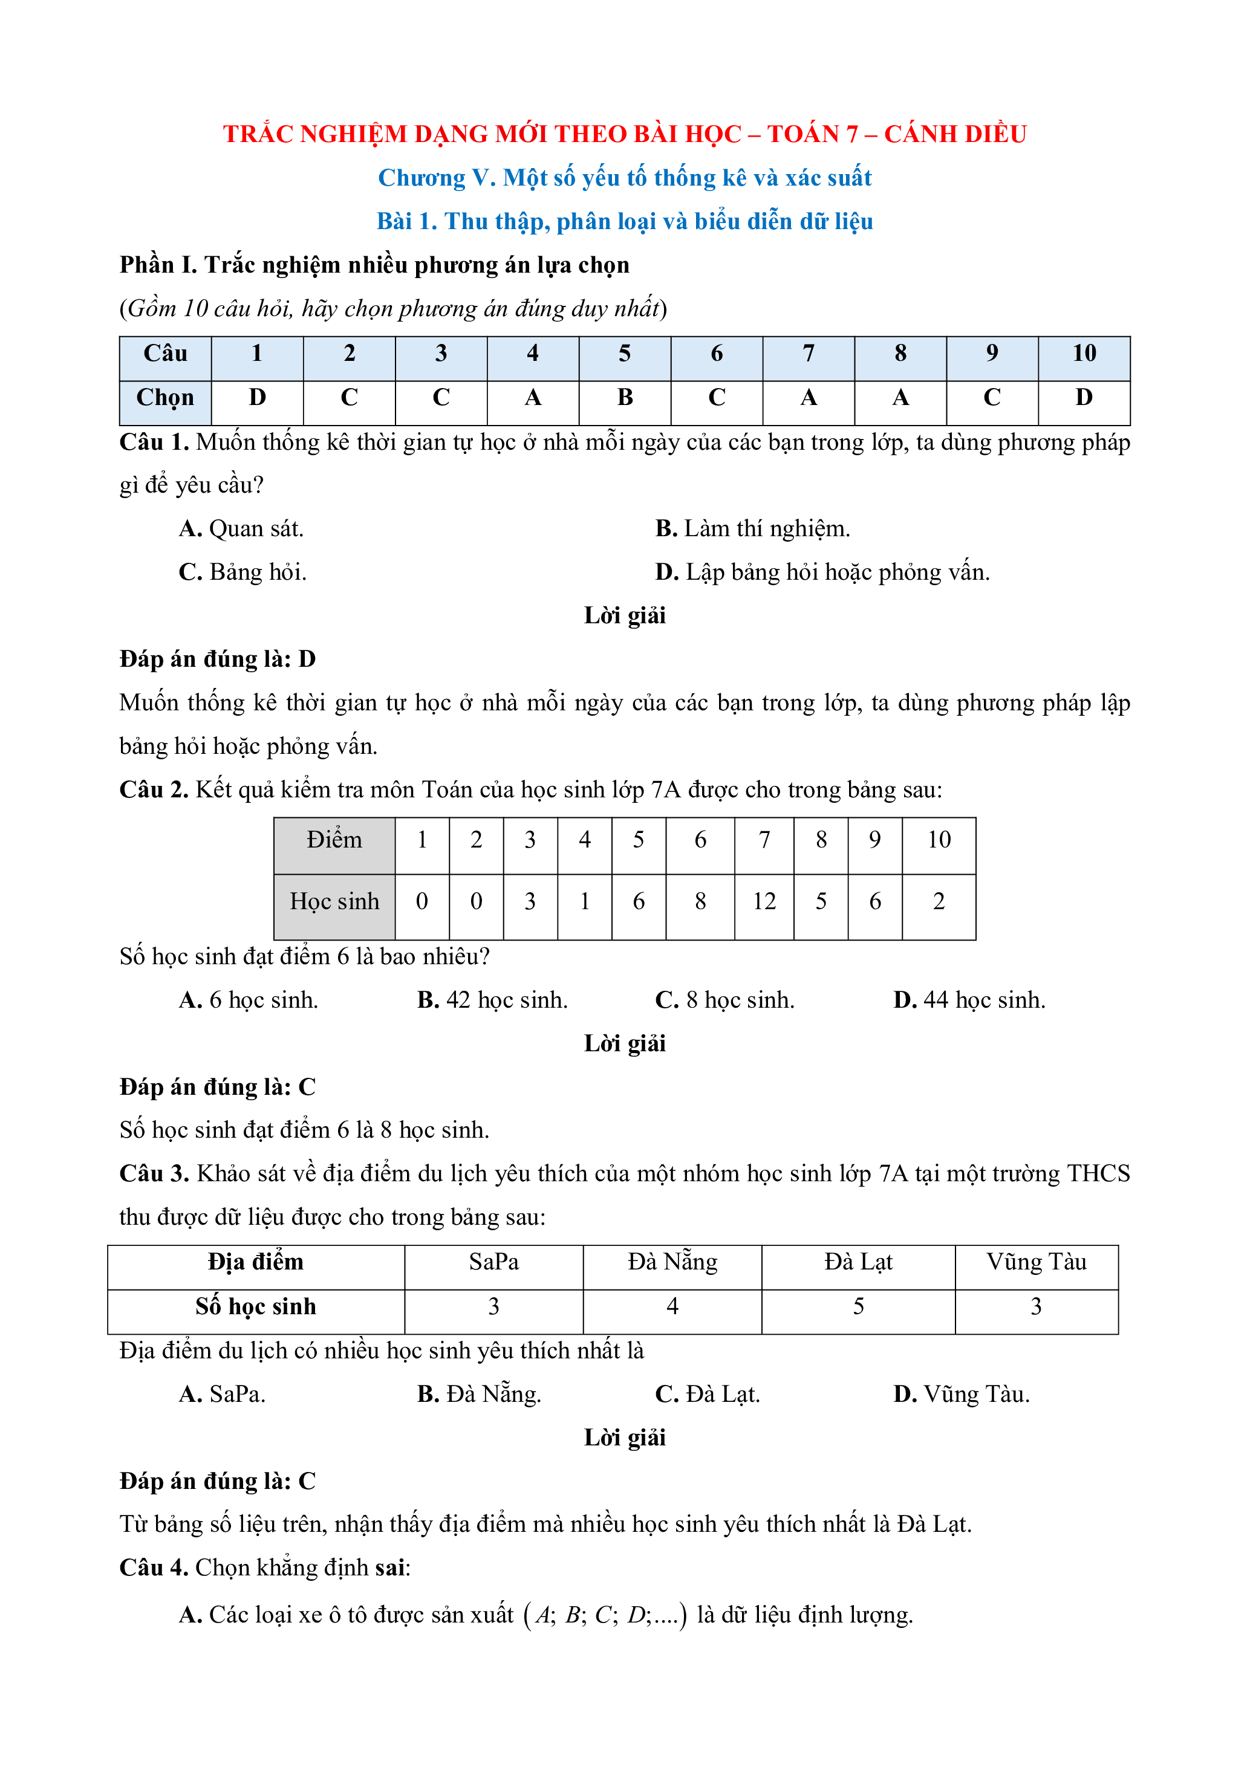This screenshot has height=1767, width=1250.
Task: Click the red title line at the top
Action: click(x=624, y=134)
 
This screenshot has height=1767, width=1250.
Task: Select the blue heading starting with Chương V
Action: click(x=624, y=178)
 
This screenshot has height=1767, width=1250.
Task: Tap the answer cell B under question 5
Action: click(x=624, y=398)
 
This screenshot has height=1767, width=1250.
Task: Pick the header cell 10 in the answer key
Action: click(x=1083, y=354)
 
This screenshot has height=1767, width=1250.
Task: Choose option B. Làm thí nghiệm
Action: click(x=752, y=529)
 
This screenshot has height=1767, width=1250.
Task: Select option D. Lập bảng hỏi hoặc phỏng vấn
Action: click(x=822, y=572)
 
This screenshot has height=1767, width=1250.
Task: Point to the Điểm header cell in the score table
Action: click(x=334, y=840)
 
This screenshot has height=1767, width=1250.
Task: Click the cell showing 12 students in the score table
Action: click(x=764, y=902)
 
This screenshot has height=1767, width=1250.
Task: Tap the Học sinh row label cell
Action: click(x=334, y=902)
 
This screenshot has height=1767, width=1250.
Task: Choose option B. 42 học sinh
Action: click(x=492, y=1000)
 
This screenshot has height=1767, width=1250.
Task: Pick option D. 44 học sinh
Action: click(x=969, y=1000)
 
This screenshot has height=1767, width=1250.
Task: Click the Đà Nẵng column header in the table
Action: click(x=672, y=1262)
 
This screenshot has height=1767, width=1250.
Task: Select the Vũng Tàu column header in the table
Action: click(x=1036, y=1262)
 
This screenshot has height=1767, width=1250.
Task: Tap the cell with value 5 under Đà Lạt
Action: click(x=858, y=1307)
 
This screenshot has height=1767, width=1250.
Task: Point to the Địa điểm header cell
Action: click(x=256, y=1262)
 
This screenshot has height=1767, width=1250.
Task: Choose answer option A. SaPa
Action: click(x=222, y=1395)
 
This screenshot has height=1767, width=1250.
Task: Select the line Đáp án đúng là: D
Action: click(x=218, y=660)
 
